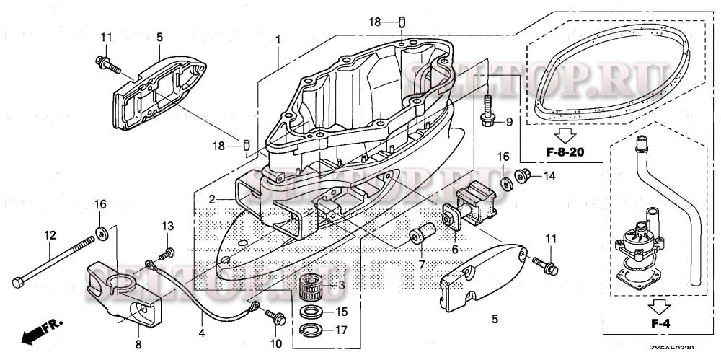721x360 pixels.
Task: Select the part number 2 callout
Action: (x=212, y=198)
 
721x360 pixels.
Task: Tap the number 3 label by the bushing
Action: (x=341, y=286)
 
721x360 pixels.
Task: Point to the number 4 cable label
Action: (x=201, y=333)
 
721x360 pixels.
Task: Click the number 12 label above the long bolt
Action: (x=50, y=235)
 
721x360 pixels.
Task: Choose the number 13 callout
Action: (x=167, y=225)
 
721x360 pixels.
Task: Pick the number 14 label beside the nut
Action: (x=549, y=175)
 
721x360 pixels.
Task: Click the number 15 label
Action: (x=342, y=312)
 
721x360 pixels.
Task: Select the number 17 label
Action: (x=342, y=330)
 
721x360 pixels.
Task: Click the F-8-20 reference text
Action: (x=564, y=153)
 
